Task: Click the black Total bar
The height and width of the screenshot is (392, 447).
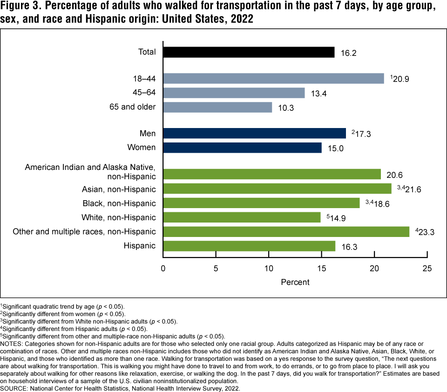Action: point(249,52)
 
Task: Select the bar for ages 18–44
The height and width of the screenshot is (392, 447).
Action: point(273,78)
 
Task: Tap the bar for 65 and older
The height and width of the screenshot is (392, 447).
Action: point(217,107)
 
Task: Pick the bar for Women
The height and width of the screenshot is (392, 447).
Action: point(242,148)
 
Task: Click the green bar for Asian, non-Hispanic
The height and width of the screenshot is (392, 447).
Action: point(277,189)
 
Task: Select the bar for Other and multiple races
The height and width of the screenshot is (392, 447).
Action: point(286,231)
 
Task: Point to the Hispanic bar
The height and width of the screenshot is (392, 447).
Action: point(249,246)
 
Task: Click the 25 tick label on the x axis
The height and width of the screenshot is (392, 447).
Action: point(427,269)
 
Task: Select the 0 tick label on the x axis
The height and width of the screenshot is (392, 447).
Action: point(163,269)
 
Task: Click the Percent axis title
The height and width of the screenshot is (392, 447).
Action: point(295,282)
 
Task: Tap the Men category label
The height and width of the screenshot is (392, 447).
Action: point(148,134)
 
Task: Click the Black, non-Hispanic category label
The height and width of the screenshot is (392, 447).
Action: point(119,203)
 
